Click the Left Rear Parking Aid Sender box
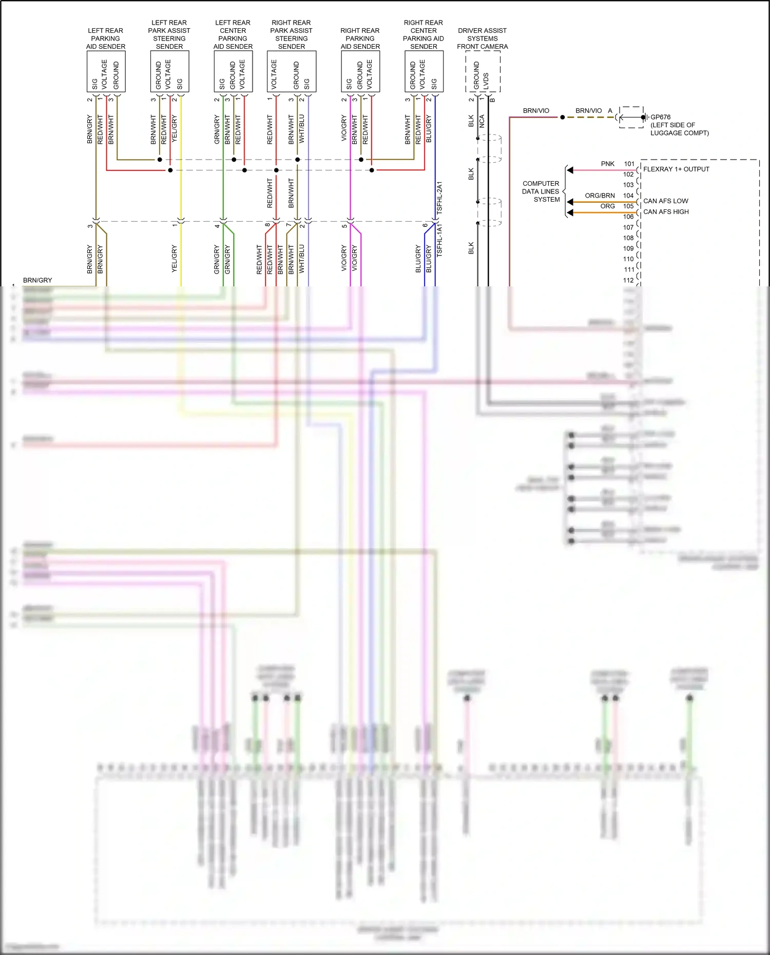click(x=106, y=71)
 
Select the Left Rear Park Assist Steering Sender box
click(x=169, y=71)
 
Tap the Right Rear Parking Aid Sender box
click(x=360, y=71)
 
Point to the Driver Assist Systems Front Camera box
click(x=483, y=71)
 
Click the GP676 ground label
click(x=660, y=117)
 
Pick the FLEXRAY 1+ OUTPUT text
click(x=676, y=169)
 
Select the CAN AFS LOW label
click(x=666, y=201)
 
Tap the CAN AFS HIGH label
click(x=666, y=212)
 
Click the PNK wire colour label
click(x=608, y=164)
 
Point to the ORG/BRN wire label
click(x=600, y=196)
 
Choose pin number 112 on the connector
click(x=628, y=280)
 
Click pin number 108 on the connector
click(x=628, y=238)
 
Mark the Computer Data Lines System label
click(x=541, y=191)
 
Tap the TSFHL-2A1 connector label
click(x=439, y=198)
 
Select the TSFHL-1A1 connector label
click(x=439, y=240)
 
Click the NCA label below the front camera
click(x=482, y=122)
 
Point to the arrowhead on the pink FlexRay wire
click(x=570, y=170)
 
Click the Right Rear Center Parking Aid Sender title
click(x=423, y=34)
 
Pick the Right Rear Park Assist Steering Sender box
click(x=292, y=71)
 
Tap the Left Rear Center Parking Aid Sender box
click(x=233, y=71)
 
